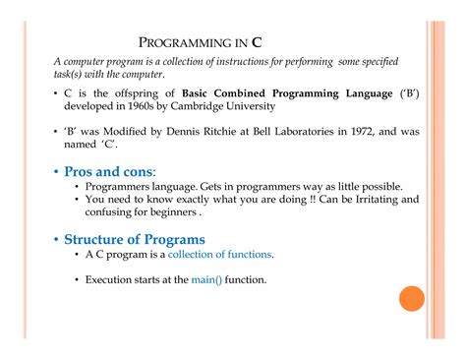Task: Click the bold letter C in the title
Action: click(x=257, y=42)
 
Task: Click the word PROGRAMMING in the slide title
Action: click(x=186, y=43)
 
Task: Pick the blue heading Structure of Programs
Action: click(x=135, y=239)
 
